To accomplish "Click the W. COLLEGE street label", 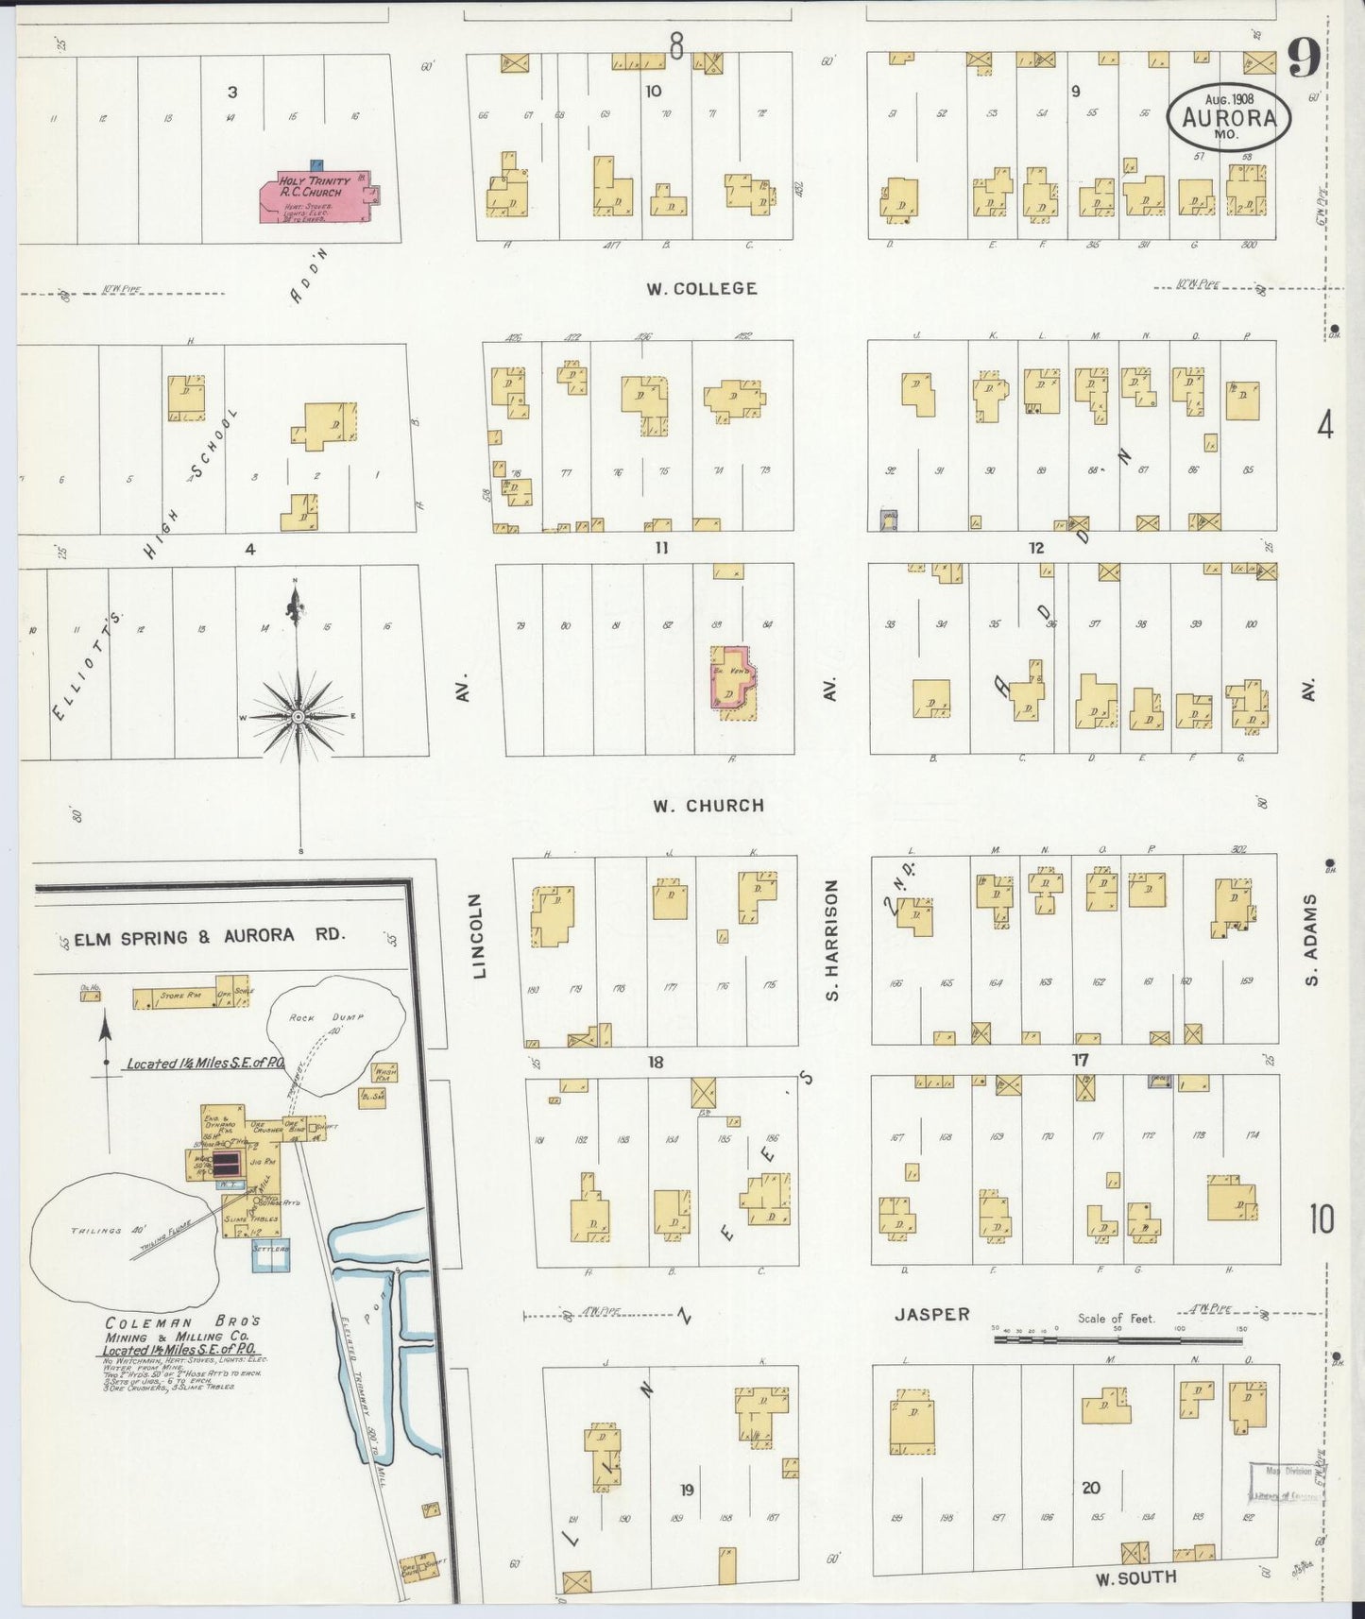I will tap(701, 288).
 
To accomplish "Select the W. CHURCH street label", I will tap(708, 806).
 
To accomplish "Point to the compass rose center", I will tap(299, 717).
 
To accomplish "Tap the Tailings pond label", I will tap(97, 1231).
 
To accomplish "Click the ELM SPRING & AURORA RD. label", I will tap(210, 936).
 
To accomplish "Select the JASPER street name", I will tap(932, 1314).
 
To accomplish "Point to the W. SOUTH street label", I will tap(1135, 1577).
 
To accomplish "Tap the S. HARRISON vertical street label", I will tap(831, 940).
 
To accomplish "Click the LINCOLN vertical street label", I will tap(479, 935).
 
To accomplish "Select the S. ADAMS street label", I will tap(1311, 940).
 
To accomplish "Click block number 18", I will tap(655, 1062).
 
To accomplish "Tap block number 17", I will tap(1080, 1060).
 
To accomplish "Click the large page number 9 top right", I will tap(1304, 61).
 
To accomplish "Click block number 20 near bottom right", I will tap(1091, 1488).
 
